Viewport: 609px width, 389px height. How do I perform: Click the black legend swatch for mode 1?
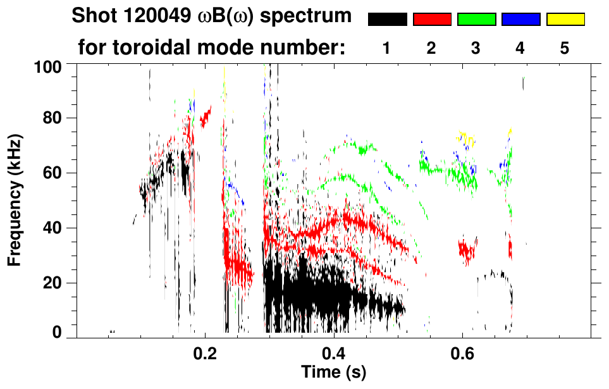point(387,20)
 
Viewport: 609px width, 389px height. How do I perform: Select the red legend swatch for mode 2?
point(432,20)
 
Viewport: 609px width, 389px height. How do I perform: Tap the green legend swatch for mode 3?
point(476,20)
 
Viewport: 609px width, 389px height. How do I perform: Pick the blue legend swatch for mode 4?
point(520,20)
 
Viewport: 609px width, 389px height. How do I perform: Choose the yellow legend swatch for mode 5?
point(565,20)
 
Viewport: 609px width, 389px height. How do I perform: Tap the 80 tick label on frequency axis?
point(57,118)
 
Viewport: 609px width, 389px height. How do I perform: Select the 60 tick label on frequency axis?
point(57,173)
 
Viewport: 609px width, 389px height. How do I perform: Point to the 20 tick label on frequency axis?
point(57,283)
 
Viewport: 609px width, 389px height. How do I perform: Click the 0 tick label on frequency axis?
point(61,333)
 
